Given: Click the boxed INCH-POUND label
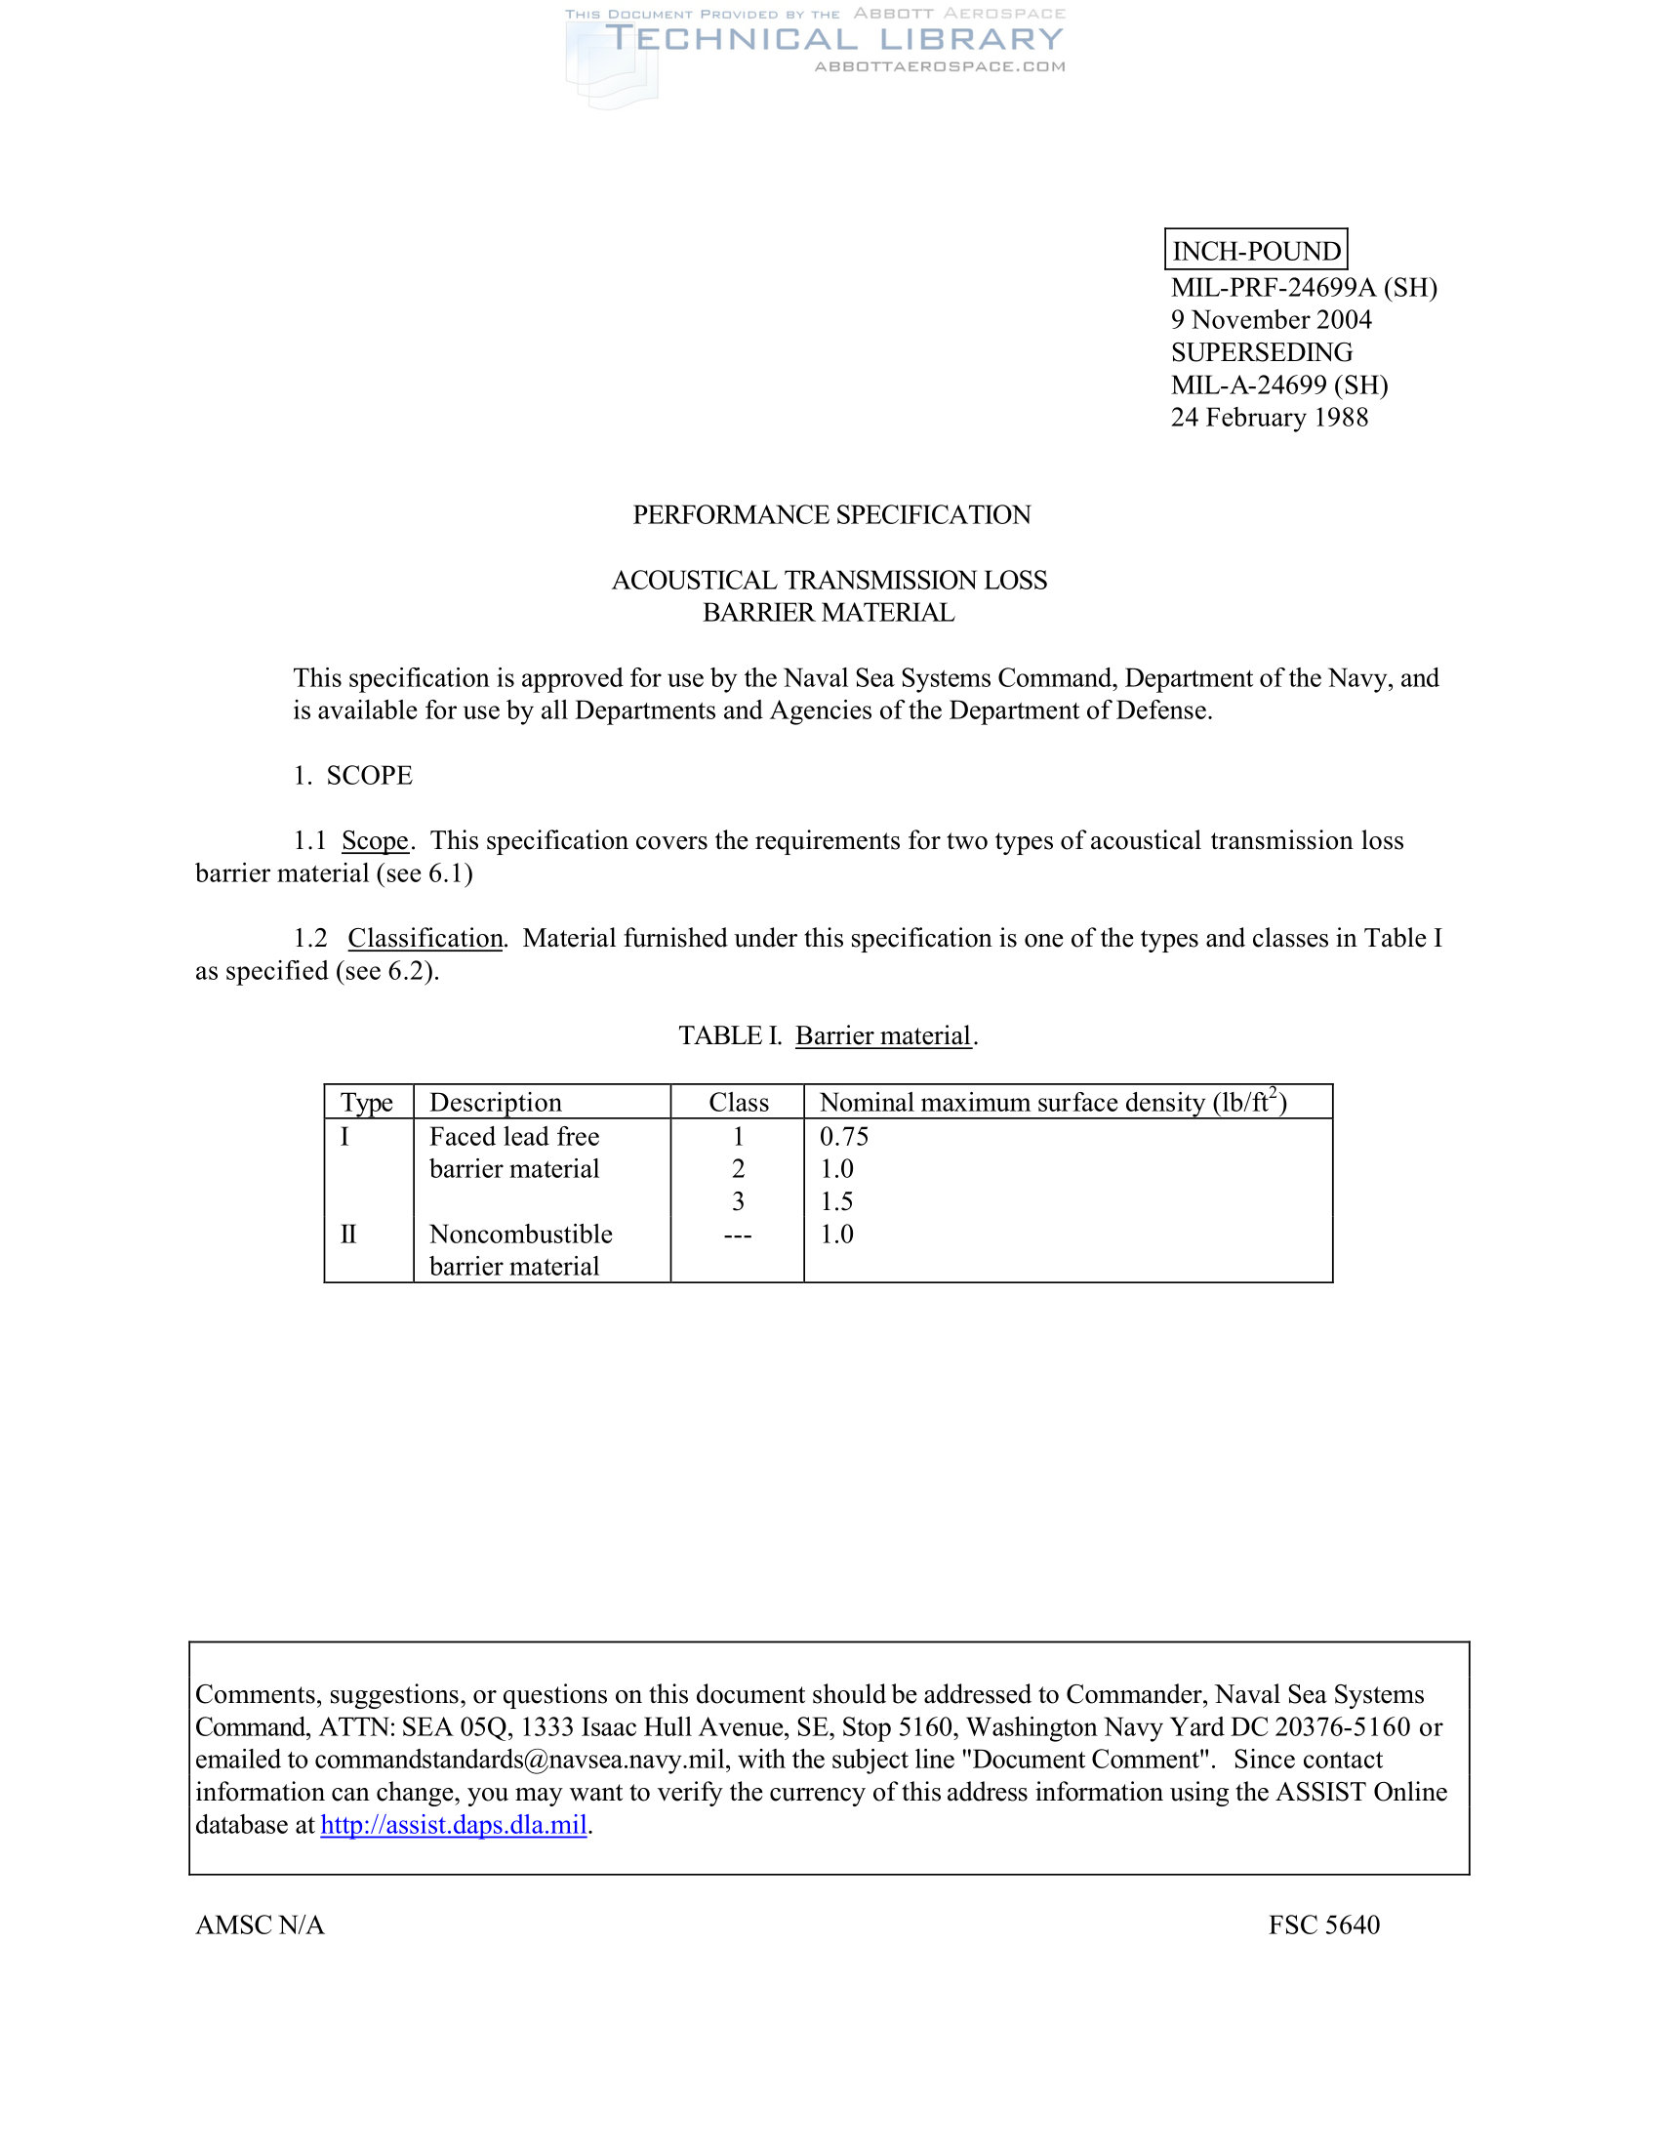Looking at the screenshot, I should (x=1255, y=251).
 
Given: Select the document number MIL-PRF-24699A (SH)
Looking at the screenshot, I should (x=1303, y=287).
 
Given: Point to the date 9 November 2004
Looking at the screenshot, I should (x=1270, y=319).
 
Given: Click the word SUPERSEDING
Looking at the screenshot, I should (x=1261, y=352).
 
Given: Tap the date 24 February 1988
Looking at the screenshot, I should (x=1269, y=417).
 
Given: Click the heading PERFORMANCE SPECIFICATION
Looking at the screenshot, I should (x=830, y=514).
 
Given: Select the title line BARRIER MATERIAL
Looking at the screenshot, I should (x=829, y=613).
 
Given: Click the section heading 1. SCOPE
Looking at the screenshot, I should (x=353, y=776).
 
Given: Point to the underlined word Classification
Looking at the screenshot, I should (x=425, y=938).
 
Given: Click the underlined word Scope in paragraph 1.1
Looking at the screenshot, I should (x=375, y=840).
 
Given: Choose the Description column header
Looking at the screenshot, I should (x=496, y=1102).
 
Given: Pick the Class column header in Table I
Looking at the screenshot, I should (x=738, y=1102).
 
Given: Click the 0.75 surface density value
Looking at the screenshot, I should (x=843, y=1136).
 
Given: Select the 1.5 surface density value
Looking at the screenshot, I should (x=836, y=1201).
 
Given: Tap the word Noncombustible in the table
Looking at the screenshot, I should (x=520, y=1234).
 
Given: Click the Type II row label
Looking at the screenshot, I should (x=348, y=1234).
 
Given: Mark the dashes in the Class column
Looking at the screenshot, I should (x=737, y=1235).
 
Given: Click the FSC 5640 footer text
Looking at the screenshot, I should (x=1323, y=1924).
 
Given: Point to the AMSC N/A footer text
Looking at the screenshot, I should (x=260, y=1924).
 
